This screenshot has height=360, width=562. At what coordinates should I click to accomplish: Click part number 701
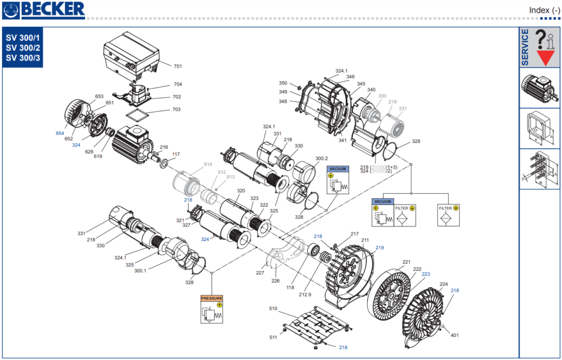(x=177, y=66)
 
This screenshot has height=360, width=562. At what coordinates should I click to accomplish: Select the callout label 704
(x=177, y=84)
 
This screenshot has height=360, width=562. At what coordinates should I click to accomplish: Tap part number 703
(x=177, y=110)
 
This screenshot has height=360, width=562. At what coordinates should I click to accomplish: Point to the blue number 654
(x=60, y=133)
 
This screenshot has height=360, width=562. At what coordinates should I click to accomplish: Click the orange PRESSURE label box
(x=212, y=298)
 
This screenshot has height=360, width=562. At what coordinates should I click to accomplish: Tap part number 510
(x=273, y=308)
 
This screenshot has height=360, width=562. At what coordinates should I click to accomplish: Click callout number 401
(x=454, y=335)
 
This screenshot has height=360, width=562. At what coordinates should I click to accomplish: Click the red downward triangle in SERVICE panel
(x=545, y=58)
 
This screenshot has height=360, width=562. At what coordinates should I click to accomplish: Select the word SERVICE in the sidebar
(x=525, y=48)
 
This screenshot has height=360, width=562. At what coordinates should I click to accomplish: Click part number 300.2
(x=321, y=158)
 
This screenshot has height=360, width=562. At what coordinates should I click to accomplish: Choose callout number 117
(x=176, y=154)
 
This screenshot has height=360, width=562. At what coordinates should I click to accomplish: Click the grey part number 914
(x=207, y=165)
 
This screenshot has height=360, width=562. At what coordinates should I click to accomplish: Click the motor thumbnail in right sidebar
(x=539, y=88)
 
